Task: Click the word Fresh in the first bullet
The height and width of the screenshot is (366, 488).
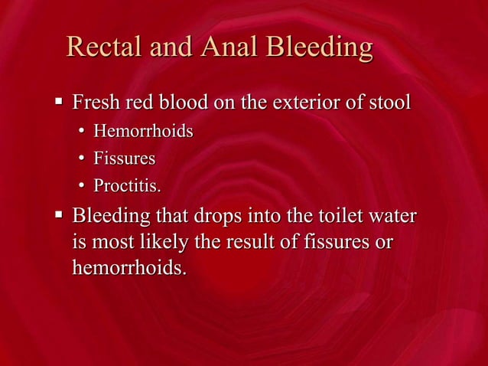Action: (95, 102)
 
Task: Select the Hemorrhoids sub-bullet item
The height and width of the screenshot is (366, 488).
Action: (143, 132)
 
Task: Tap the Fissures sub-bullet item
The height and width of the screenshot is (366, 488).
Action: (124, 159)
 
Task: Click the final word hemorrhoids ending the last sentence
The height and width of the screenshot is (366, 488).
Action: (129, 269)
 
